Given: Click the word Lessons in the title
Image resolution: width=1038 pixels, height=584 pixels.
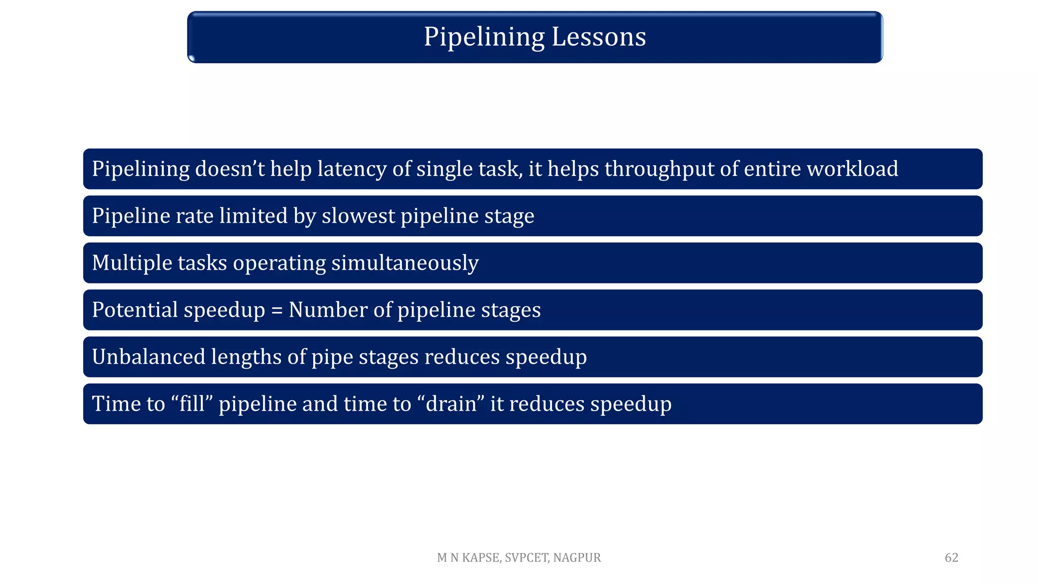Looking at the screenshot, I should (x=599, y=37).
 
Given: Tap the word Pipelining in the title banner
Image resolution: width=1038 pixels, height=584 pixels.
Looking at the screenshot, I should (x=484, y=37).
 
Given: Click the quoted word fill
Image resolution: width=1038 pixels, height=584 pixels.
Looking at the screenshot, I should (x=192, y=404).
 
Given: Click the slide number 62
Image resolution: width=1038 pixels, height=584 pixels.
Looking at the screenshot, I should (x=951, y=558).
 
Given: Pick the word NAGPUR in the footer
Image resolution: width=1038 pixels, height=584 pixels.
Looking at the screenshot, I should (x=577, y=558).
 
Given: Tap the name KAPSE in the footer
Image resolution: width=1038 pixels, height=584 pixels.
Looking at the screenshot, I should (x=481, y=558).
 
